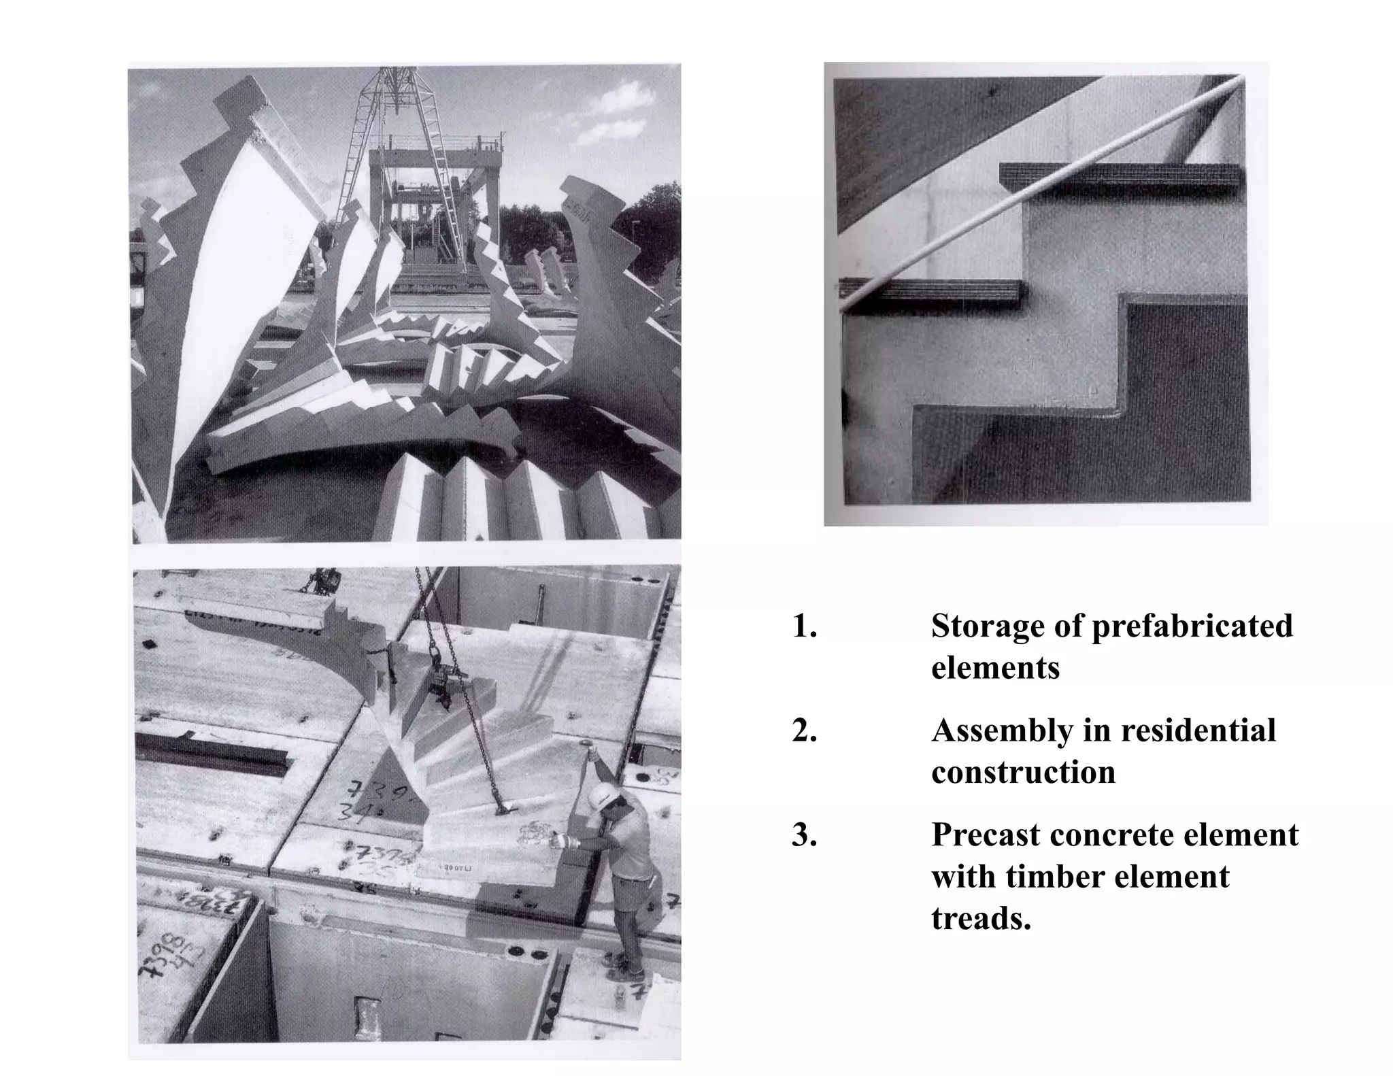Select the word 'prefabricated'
click(x=1192, y=626)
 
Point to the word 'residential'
click(x=1198, y=731)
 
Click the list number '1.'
click(x=805, y=626)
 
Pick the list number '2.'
click(x=805, y=731)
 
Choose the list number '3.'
click(x=805, y=835)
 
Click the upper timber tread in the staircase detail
click(x=1122, y=175)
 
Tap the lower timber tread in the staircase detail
click(x=932, y=290)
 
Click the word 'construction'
click(x=1023, y=773)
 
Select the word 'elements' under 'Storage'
click(x=994, y=668)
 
